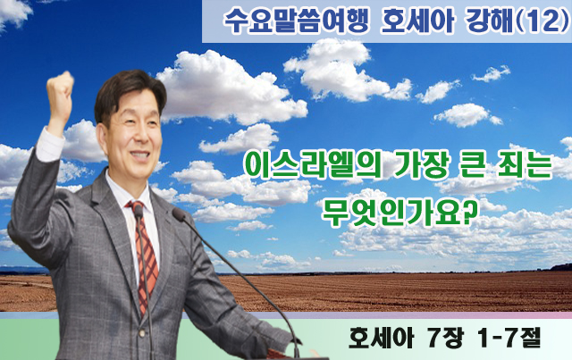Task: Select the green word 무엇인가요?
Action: (400, 212)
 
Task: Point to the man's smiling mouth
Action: (139, 155)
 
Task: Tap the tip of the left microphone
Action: (138, 211)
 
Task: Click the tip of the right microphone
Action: (179, 213)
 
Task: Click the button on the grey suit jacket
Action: (142, 332)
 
